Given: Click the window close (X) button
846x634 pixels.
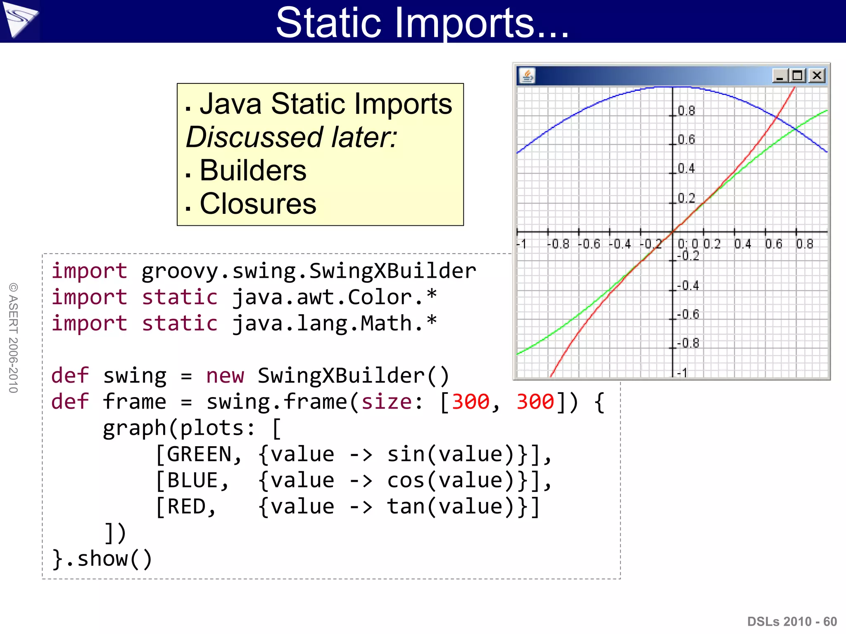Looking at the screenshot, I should coord(817,76).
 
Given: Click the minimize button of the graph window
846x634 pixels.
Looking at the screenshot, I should coord(780,76).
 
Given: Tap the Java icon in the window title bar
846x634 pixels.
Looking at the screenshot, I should coord(527,76).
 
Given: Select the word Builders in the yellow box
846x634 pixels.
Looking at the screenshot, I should coord(253,170).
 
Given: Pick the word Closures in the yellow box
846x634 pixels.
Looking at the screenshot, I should coord(258,204).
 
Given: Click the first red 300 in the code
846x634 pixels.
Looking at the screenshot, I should coord(470,402).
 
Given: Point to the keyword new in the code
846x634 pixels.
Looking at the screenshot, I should coord(225,376).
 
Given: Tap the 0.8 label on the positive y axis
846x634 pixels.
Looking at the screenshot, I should coord(686,111).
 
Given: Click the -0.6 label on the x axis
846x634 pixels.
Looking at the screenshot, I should coord(589,244).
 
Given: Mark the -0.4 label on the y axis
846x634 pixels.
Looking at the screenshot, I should coord(688,285).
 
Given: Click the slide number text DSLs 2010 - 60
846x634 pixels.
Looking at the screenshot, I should coord(792,621).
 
